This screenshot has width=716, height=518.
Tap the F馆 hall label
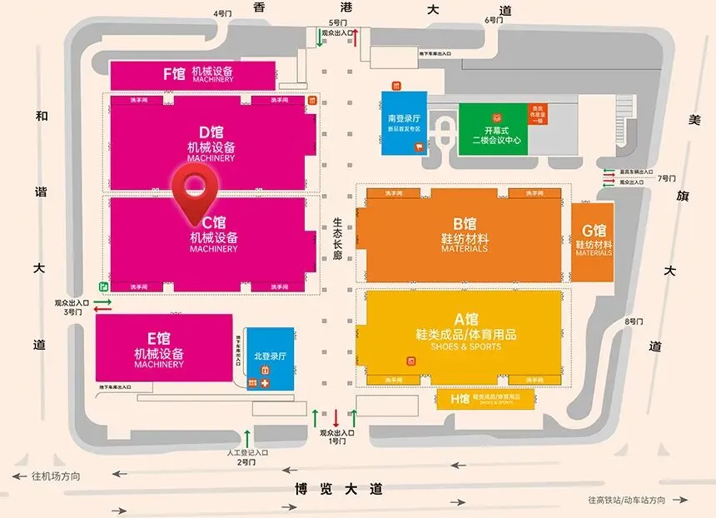tap(174, 73)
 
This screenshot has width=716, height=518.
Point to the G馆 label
tap(594, 231)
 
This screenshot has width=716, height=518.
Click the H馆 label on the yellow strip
tap(460, 399)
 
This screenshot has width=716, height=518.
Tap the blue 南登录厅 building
tap(404, 123)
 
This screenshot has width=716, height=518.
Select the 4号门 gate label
tap(222, 13)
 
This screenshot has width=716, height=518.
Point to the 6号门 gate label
tap(495, 19)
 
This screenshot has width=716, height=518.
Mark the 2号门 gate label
tap(246, 461)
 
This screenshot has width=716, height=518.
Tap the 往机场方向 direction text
tap(56, 476)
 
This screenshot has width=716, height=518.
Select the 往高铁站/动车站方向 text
tap(627, 500)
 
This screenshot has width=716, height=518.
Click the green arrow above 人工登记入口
tap(246, 437)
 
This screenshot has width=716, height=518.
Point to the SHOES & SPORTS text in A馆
tap(466, 346)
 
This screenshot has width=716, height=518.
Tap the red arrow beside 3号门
tap(102, 310)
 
